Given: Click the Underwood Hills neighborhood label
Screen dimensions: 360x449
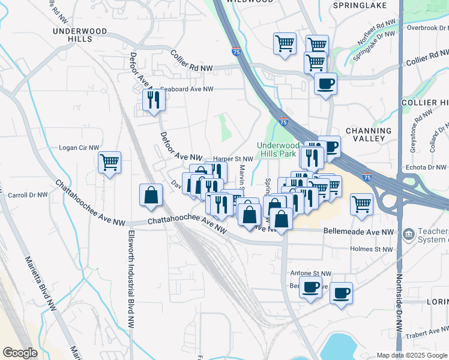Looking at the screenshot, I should tap(80, 34).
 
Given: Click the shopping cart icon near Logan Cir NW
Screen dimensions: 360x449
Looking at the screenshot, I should tap(109, 162).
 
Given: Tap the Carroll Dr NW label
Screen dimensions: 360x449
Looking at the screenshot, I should tap(28, 196).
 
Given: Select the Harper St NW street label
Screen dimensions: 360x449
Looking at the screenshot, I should tap(234, 159).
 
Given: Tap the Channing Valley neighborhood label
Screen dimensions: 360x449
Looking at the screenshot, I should tap(369, 134).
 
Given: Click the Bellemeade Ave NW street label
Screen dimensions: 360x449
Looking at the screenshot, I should tap(359, 232).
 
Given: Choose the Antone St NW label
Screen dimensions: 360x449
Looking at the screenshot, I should tap(310, 273).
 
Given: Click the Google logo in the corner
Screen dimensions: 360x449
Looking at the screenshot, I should tap(20, 353).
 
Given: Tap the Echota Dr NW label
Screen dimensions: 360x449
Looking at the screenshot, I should tap(426, 167).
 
